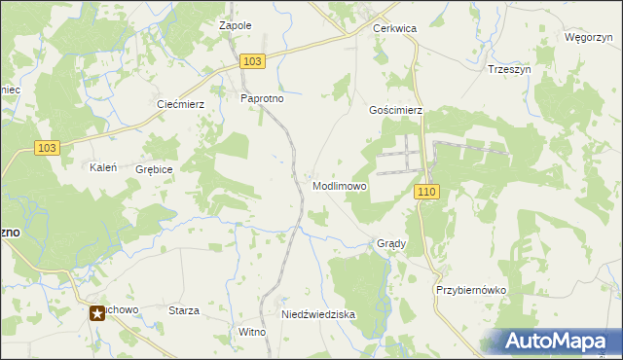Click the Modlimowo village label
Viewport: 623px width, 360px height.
(x=340, y=186)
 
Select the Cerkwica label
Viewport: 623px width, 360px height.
(x=394, y=29)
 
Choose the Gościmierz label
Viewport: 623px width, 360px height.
(x=395, y=111)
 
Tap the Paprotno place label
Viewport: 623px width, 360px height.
(x=261, y=98)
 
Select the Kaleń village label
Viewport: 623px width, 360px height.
(x=104, y=167)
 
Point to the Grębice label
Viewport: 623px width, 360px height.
(x=155, y=169)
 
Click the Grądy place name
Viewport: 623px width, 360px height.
(x=391, y=243)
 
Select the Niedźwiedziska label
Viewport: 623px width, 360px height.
(x=318, y=315)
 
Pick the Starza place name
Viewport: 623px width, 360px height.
(x=184, y=310)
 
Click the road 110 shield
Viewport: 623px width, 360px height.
(x=425, y=193)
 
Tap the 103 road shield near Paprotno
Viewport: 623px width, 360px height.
(x=252, y=61)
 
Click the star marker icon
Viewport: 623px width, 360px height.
(x=97, y=312)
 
